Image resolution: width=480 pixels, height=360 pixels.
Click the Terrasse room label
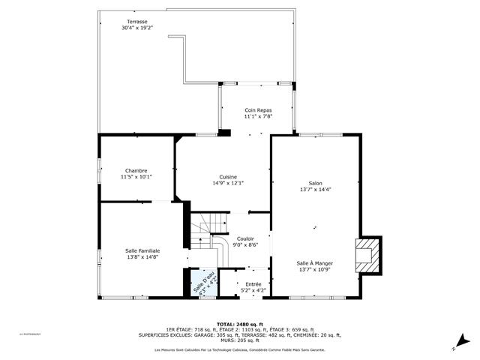click(137, 22)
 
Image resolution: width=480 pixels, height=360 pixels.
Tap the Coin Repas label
click(257, 110)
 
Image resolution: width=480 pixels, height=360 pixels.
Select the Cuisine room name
click(228, 176)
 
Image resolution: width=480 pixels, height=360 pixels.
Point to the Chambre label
click(136, 170)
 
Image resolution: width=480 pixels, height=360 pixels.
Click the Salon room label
click(315, 183)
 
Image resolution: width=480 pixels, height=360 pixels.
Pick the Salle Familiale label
click(142, 250)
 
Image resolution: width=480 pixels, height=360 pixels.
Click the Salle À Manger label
click(315, 263)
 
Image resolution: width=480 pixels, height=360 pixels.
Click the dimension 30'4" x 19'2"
click(137, 28)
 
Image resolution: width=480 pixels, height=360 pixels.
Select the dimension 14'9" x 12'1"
click(228, 183)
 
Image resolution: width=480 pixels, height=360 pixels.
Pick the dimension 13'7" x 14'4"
click(315, 189)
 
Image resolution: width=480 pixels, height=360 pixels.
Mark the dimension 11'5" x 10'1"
click(136, 177)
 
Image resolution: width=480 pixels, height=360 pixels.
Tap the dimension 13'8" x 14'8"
click(142, 257)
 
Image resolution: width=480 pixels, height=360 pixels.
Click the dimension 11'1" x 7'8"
click(257, 116)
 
